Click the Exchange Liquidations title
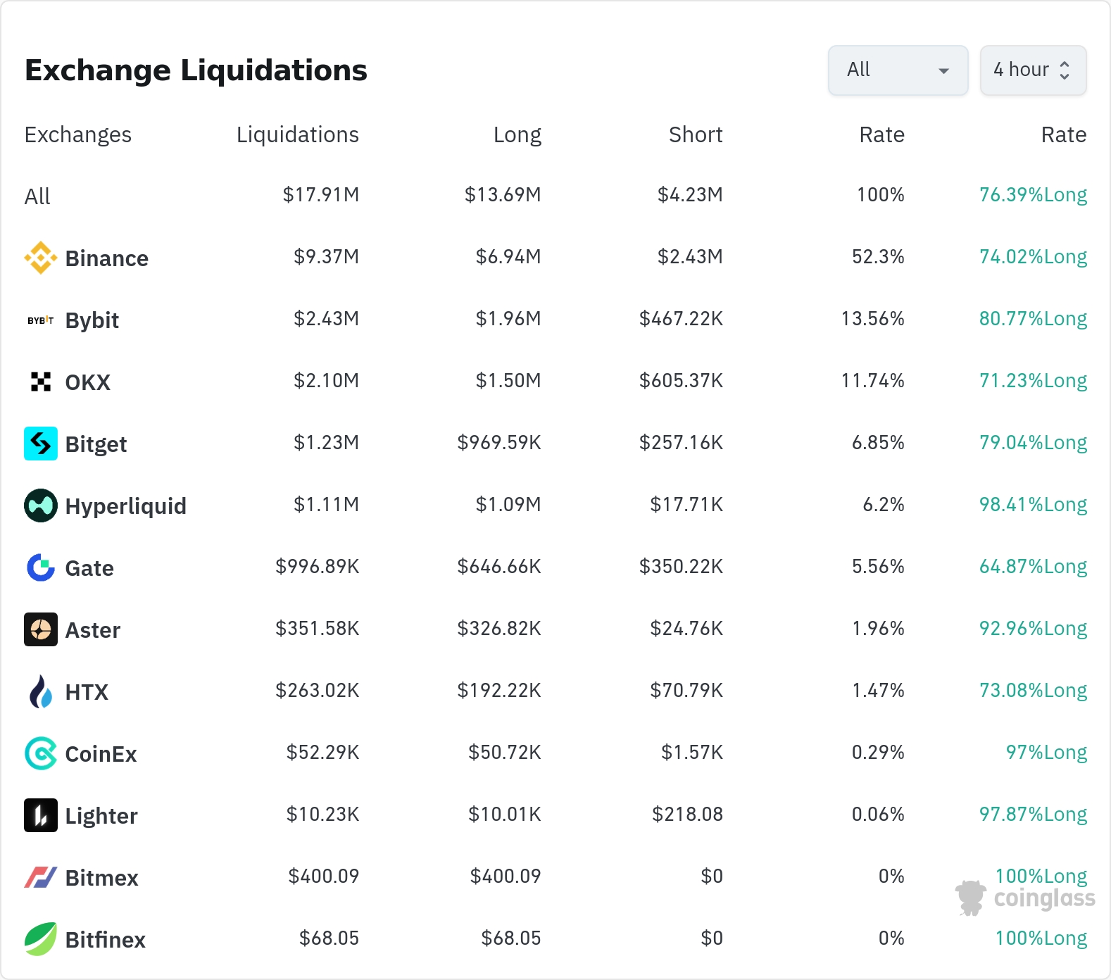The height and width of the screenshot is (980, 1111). tap(196, 70)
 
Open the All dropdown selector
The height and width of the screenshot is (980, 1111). tap(898, 70)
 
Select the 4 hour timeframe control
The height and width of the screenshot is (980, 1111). tap(1033, 70)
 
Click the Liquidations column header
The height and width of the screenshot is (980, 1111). tap(298, 134)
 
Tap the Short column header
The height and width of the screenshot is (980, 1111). tap(696, 134)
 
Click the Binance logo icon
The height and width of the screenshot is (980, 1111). tap(41, 258)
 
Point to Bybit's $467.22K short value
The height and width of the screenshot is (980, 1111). tap(681, 319)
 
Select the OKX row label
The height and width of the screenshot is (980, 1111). tap(88, 382)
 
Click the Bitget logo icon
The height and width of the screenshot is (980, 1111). tap(41, 444)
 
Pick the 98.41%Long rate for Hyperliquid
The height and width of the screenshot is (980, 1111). tap(1033, 505)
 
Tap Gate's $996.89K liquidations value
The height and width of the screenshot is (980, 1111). tap(318, 567)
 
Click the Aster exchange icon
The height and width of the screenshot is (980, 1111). tap(41, 629)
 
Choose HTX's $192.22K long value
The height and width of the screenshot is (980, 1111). tap(499, 691)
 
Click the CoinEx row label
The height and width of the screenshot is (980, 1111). tap(101, 754)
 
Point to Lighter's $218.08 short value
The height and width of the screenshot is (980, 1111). tap(687, 815)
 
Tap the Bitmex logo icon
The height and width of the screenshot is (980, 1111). tap(41, 877)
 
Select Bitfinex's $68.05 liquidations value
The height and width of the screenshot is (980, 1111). tap(329, 938)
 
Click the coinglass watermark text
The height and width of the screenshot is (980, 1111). tap(1045, 898)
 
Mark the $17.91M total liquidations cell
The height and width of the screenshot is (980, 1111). tap(321, 195)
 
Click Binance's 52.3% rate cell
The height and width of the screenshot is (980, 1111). tap(878, 257)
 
